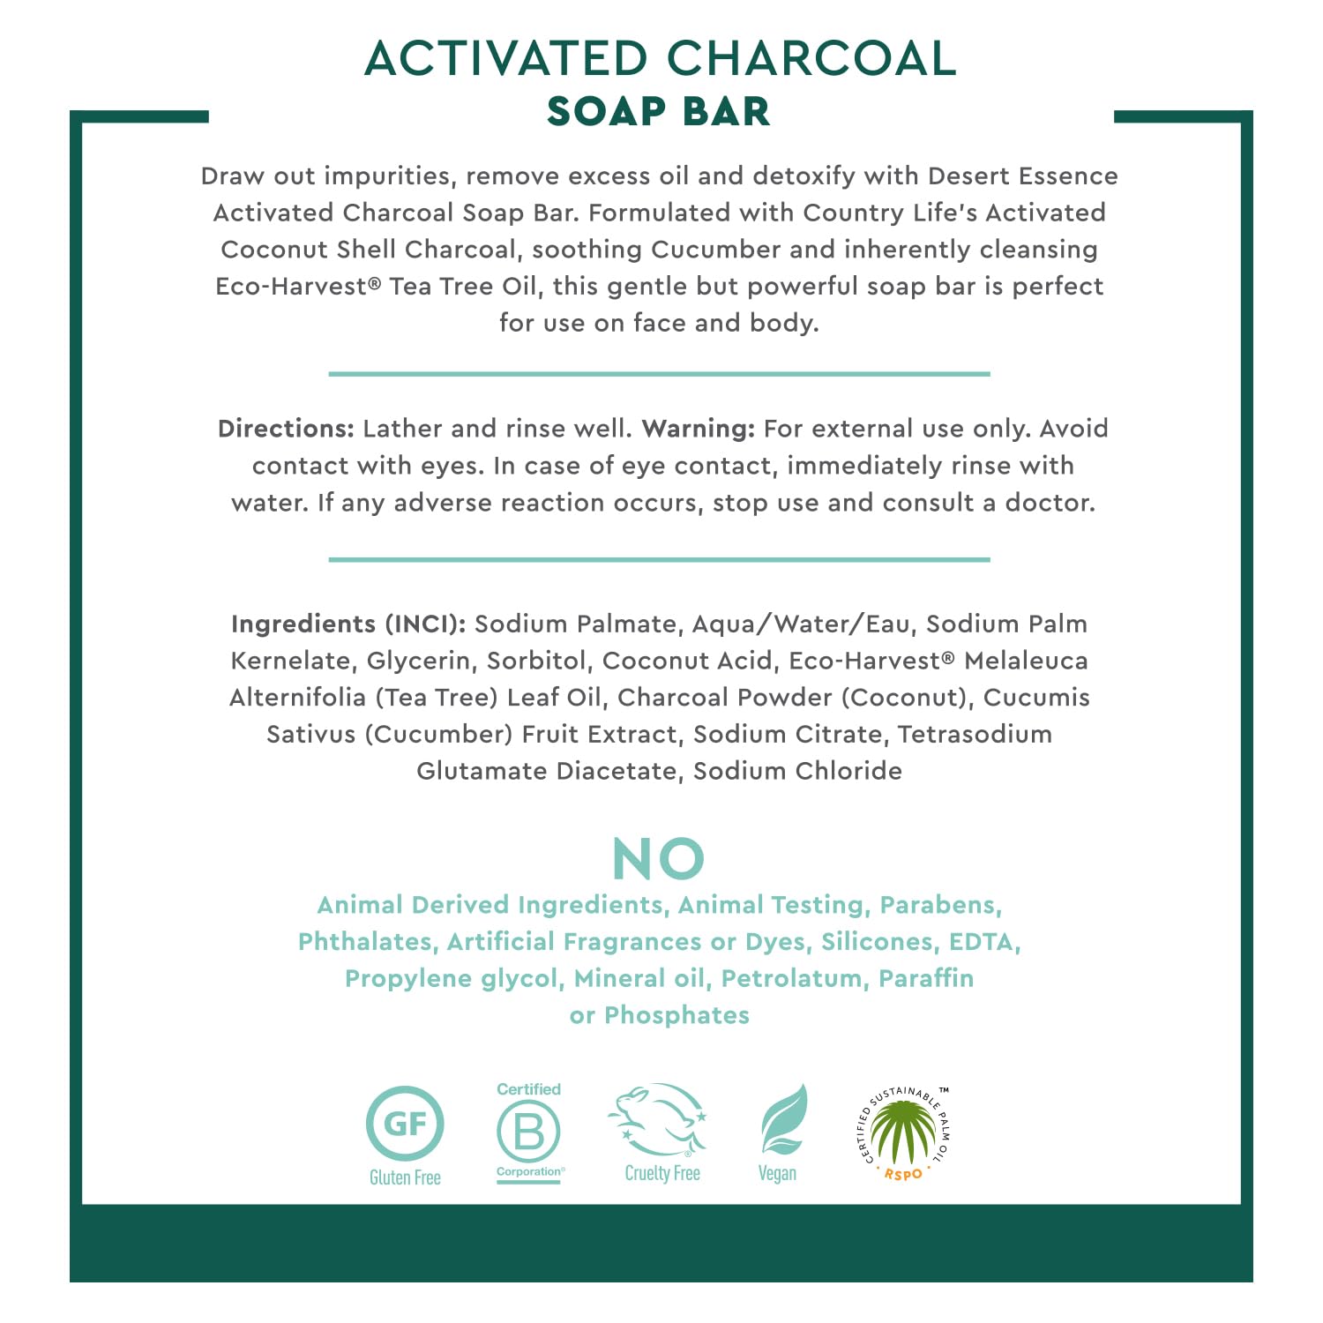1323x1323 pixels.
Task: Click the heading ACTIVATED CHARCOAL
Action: tap(660, 59)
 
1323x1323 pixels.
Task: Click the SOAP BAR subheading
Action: tap(659, 112)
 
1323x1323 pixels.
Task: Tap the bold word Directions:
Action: tap(286, 429)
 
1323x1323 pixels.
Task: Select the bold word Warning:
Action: tap(699, 429)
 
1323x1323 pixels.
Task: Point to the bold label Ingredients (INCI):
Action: tap(348, 624)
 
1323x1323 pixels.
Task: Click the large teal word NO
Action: tap(659, 859)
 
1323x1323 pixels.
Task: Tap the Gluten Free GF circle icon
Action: tap(405, 1124)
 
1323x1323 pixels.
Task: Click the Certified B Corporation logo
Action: tap(529, 1132)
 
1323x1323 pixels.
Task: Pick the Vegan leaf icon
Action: tap(782, 1120)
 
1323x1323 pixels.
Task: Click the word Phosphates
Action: tap(676, 1015)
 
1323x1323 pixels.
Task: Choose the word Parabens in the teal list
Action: tap(940, 905)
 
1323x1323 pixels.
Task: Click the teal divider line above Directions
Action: tap(659, 374)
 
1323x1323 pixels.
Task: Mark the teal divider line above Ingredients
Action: tap(659, 559)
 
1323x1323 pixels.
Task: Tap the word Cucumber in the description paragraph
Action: tap(715, 250)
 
